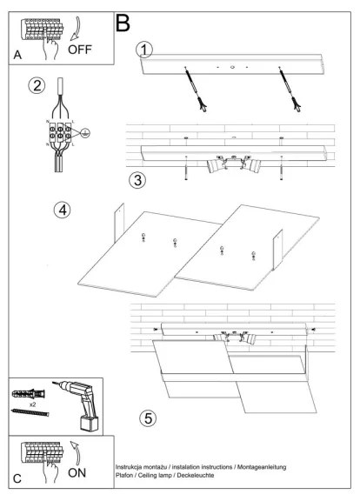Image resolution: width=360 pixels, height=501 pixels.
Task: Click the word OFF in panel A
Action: pos(80,50)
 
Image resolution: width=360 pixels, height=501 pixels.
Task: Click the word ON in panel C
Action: pos(77,472)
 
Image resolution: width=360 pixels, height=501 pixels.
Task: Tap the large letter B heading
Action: pos(123,23)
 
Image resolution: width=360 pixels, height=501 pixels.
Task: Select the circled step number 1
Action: pos(144,50)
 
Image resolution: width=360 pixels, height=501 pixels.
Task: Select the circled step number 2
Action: pos(37,86)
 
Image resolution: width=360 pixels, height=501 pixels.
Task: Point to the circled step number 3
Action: pos(137,180)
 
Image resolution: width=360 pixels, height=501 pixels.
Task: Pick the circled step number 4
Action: pos(63,210)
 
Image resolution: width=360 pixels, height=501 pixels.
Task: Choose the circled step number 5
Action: pos(148,417)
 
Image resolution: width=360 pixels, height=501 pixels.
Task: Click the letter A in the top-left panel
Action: pos(17,55)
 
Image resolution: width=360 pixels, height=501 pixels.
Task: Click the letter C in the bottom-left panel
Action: pos(17,478)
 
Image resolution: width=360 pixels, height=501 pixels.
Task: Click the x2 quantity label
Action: pos(32,404)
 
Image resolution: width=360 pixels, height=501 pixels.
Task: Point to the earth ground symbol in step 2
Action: pos(85,133)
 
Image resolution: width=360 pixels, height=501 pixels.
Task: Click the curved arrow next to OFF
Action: pos(76,30)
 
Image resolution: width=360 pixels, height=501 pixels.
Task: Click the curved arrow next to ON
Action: pos(76,453)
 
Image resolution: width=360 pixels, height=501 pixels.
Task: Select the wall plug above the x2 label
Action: pos(28,394)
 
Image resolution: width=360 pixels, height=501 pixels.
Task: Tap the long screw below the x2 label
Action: pos(30,412)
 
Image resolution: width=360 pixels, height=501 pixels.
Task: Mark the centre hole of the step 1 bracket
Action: pos(232,67)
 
